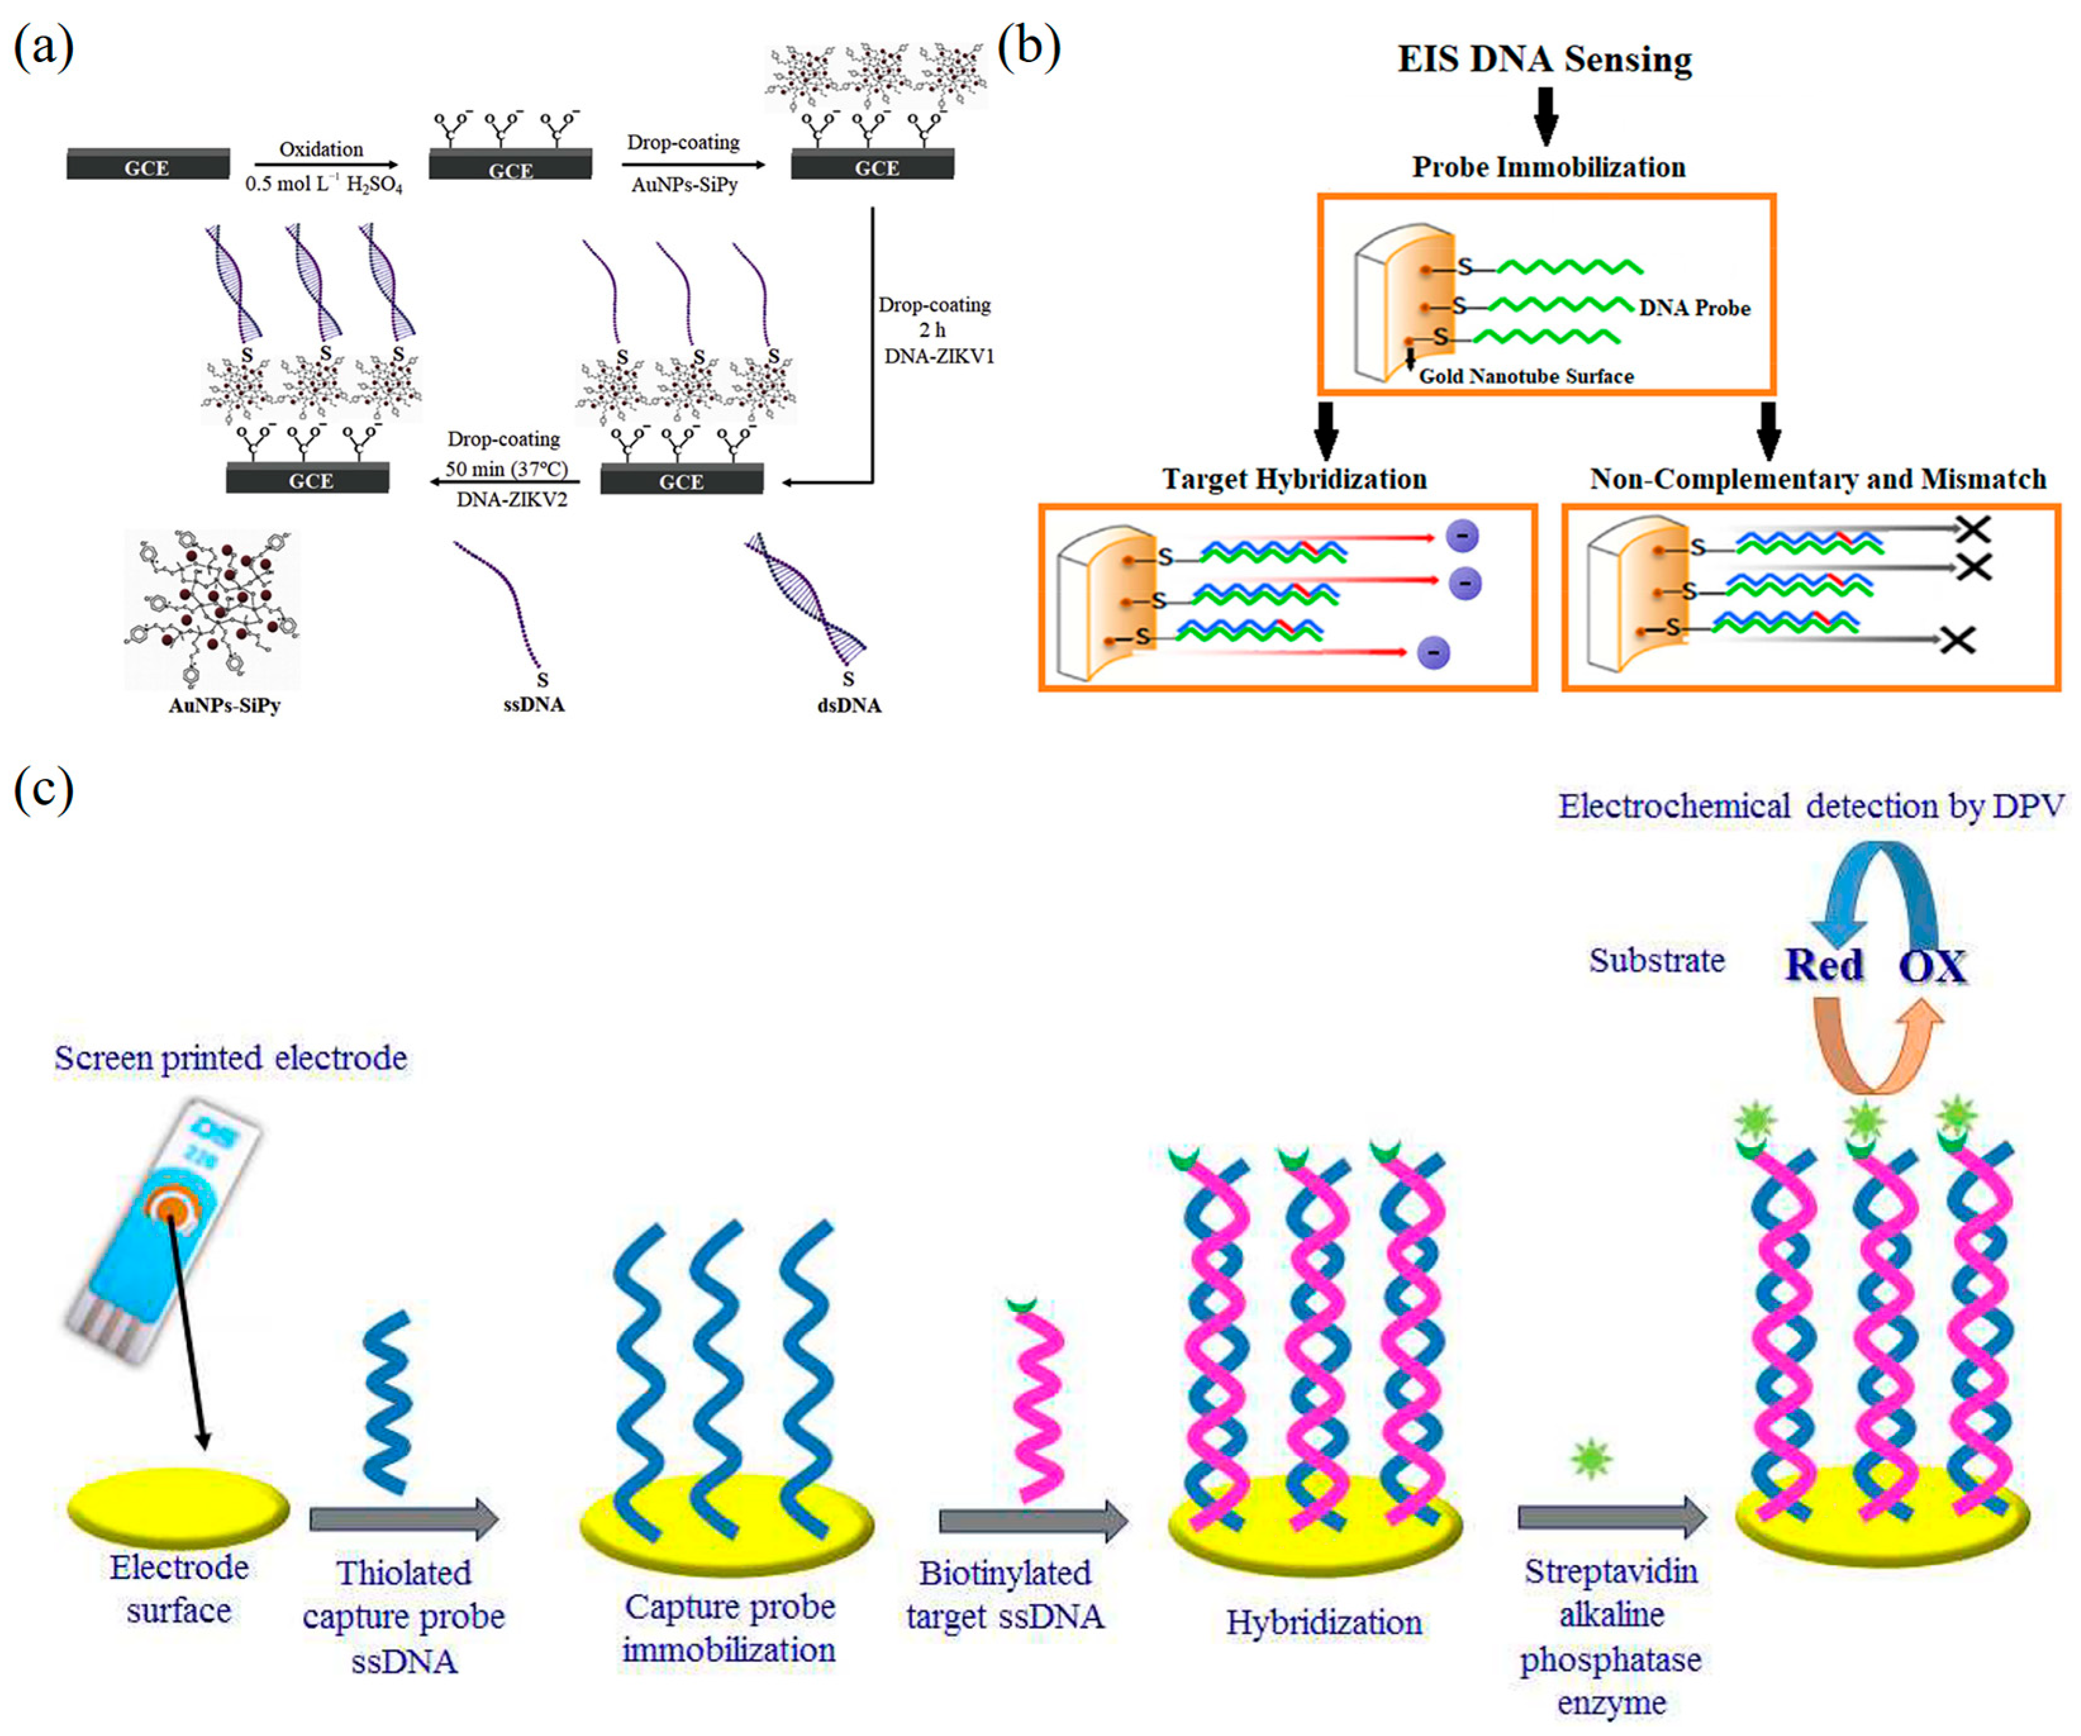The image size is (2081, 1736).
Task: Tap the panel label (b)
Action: [1028, 47]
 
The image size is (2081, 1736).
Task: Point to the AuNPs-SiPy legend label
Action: [224, 706]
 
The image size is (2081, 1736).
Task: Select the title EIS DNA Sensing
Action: [1544, 60]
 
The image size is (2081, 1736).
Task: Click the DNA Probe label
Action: [1694, 308]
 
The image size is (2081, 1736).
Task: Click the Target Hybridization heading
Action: [1294, 479]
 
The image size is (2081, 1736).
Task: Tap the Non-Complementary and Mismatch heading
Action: [1818, 479]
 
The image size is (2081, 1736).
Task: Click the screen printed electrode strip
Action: [163, 1230]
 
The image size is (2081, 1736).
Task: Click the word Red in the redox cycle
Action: [1823, 965]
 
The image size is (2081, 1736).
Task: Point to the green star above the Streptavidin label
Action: [1590, 1459]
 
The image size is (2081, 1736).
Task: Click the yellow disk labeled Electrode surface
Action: [178, 1509]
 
